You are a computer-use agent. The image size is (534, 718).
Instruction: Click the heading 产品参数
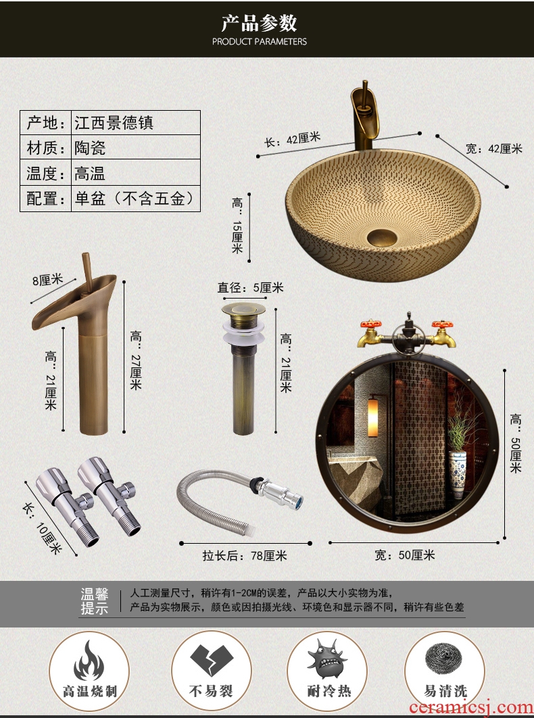coord(260,22)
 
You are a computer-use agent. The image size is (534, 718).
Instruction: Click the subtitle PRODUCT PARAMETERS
coord(260,42)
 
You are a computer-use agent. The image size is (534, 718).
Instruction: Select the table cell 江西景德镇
coord(114,123)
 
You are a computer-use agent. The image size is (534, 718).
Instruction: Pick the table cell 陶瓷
coord(90,147)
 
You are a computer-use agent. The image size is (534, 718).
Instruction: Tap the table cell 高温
coord(90,173)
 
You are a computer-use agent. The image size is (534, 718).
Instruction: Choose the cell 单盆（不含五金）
coord(136,199)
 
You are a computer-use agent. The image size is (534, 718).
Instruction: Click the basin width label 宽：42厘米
coord(493,149)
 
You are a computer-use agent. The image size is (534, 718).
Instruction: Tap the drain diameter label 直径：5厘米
coord(250,288)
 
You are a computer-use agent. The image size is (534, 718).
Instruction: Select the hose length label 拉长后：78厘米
coord(245,555)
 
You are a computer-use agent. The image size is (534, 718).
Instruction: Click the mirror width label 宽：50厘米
coord(404,555)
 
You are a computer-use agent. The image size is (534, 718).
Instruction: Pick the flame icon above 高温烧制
coord(89,661)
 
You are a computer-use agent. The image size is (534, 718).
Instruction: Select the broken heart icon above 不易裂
coord(212,660)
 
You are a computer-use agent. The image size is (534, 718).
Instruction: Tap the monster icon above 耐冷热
coord(327,659)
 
